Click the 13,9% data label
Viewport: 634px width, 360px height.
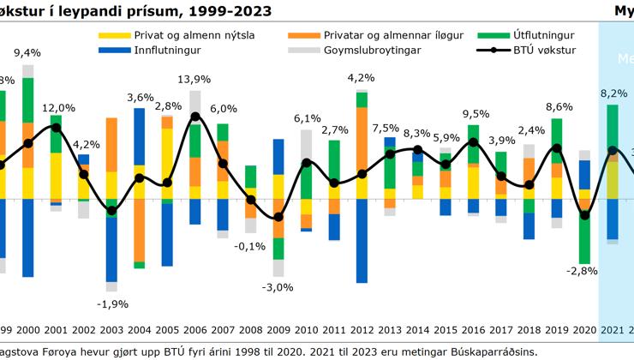tap(195, 80)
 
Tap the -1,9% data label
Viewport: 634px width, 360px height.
tap(112, 303)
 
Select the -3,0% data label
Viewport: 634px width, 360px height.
tap(278, 286)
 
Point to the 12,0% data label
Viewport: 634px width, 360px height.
tap(60, 108)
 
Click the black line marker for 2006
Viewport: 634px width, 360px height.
tap(195, 117)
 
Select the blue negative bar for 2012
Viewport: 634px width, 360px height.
tap(362, 240)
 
